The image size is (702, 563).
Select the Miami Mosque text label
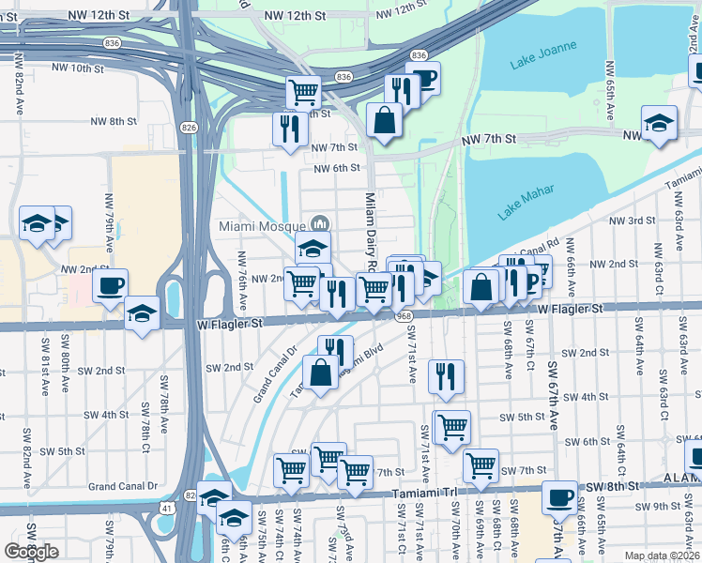(262, 226)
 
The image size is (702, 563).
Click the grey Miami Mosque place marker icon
(319, 223)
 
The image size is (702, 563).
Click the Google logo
(31, 552)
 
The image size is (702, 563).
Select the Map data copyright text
(663, 555)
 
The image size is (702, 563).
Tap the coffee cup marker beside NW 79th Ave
(110, 284)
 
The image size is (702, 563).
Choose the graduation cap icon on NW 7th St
(659, 121)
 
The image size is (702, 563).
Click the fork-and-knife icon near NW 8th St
(290, 126)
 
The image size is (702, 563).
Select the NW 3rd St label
(632, 221)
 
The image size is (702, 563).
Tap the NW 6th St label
(337, 168)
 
